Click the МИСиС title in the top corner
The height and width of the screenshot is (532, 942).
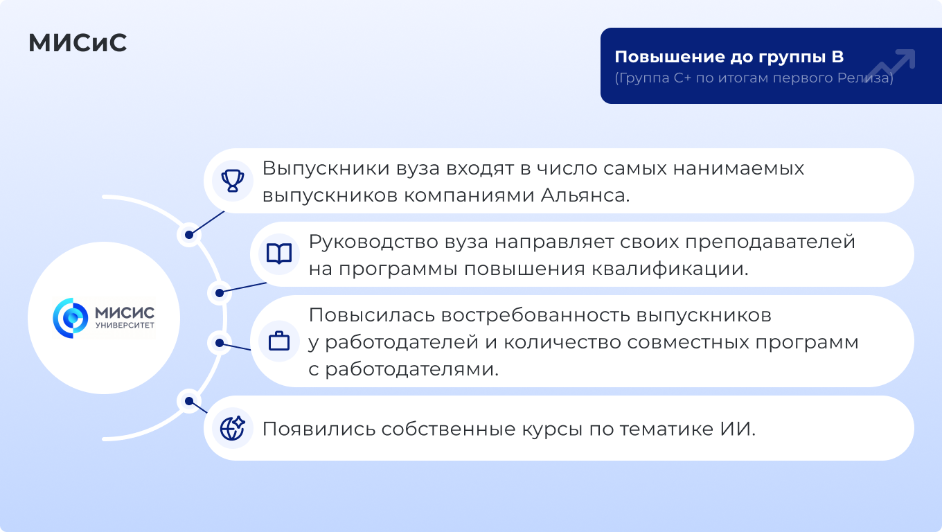pos(78,43)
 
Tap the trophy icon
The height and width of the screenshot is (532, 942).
pos(233,181)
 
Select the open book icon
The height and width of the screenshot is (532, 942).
pos(279,254)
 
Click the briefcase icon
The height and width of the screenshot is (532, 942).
pos(279,341)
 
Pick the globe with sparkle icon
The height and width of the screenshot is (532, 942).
pos(233,428)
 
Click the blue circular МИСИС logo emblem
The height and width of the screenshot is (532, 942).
pos(70,318)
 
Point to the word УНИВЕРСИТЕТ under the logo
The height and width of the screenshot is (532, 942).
pos(125,325)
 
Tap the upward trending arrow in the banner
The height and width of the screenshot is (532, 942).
pos(890,66)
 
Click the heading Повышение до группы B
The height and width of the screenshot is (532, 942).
pos(729,57)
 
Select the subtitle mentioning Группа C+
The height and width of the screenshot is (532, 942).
pos(754,78)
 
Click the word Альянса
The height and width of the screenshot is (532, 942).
pos(585,195)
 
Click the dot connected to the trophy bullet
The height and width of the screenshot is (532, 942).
pos(189,235)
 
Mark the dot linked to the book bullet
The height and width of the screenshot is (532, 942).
pos(220,293)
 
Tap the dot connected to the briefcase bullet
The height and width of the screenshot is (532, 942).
pos(220,343)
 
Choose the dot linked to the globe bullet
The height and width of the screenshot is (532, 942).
pos(189,401)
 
